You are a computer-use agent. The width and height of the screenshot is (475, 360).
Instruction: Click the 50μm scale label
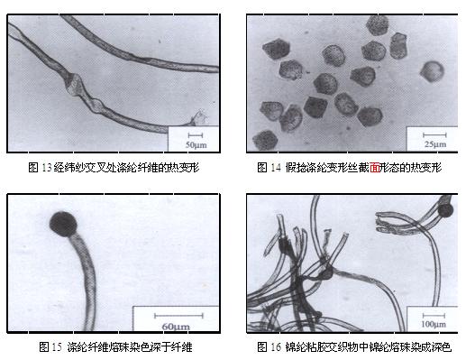tap(196, 144)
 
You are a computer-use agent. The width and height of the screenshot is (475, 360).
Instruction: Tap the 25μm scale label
tap(435, 144)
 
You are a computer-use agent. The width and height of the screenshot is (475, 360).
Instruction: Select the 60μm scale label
tap(176, 327)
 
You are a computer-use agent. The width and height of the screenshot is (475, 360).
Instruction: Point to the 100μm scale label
tap(434, 324)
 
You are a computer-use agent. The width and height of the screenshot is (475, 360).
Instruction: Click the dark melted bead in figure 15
tap(63, 224)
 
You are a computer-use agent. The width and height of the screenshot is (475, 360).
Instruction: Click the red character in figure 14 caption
tap(375, 167)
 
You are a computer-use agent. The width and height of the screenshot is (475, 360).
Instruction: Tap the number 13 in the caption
tap(47, 168)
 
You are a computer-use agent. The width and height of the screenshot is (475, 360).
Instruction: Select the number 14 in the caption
tap(276, 168)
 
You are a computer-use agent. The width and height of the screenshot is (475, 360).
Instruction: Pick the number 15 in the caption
tap(57, 346)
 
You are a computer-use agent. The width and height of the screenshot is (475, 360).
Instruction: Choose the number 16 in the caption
tap(276, 346)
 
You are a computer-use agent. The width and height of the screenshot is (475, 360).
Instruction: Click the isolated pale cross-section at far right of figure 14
tap(432, 71)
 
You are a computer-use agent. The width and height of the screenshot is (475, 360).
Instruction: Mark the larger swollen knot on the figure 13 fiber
tap(75, 84)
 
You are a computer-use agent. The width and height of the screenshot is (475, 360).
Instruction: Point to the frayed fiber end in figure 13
tap(198, 118)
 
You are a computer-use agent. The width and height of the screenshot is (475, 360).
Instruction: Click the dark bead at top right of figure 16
tap(445, 210)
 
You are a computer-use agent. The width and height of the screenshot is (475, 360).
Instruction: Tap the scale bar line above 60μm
tap(178, 316)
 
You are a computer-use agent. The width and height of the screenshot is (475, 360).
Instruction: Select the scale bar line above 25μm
tap(434, 134)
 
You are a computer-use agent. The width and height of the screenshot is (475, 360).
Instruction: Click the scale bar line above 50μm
tap(196, 135)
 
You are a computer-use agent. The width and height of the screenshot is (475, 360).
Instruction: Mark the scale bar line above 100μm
tap(434, 316)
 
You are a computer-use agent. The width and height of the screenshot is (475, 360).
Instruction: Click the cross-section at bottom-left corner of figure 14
tap(265, 140)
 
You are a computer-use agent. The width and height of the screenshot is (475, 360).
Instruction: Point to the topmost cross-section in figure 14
tap(377, 25)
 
